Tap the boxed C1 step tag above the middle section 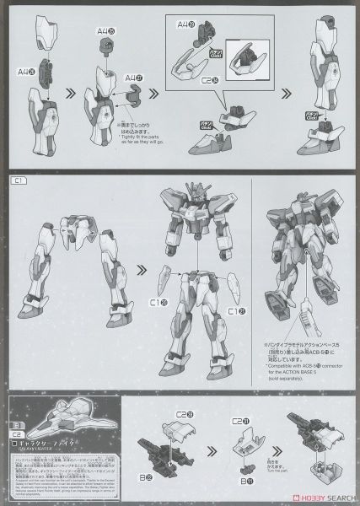tap(16, 180)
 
